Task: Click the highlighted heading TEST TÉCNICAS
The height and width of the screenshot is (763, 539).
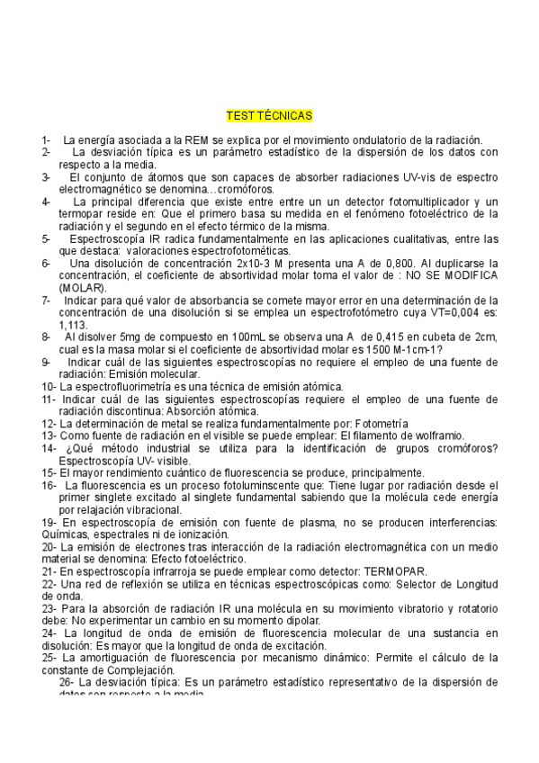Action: point(269,117)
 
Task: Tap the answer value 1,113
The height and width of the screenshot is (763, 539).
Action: point(73,325)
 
